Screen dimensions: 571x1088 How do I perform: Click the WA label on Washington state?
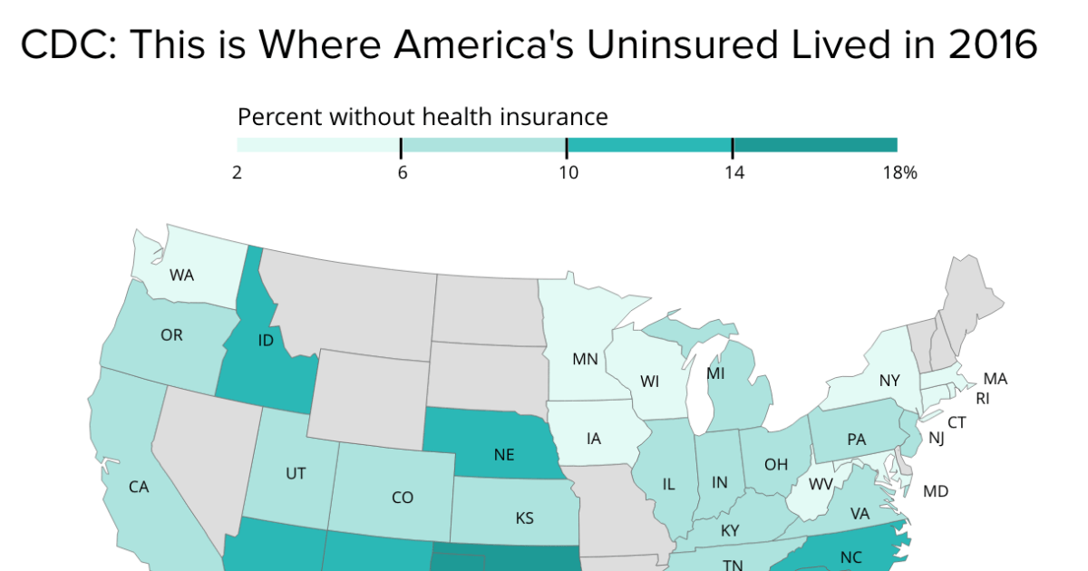(181, 275)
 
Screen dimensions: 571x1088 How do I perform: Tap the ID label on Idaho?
(267, 341)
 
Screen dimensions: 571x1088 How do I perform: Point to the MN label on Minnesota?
(585, 359)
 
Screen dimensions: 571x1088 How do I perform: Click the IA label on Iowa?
(594, 439)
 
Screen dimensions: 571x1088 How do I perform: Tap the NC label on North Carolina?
(850, 557)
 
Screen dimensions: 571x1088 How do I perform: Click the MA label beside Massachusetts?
(996, 379)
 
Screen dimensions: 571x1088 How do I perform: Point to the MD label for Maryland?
(936, 491)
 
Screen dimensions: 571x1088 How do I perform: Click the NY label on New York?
(889, 382)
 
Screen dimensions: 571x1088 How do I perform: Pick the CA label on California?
(138, 487)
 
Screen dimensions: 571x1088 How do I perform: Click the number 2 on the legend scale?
(237, 172)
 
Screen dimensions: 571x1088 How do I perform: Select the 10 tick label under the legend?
(568, 172)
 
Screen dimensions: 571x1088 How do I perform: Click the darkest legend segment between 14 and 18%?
(814, 145)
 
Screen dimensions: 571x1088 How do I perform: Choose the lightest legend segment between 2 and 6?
(318, 145)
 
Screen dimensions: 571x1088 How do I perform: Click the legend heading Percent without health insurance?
(422, 116)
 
